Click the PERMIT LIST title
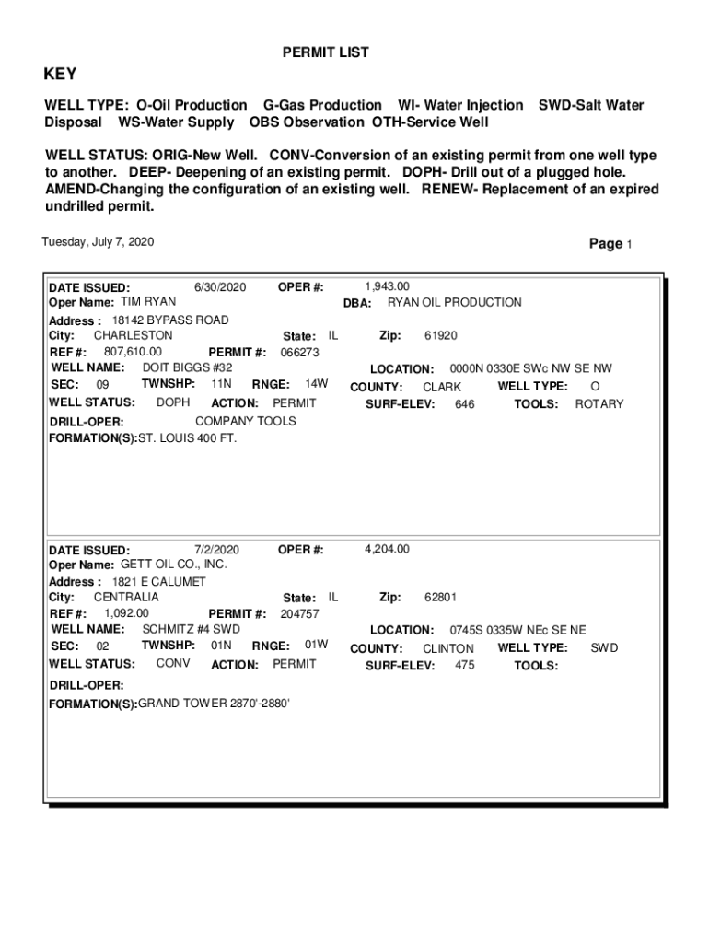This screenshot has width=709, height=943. pos(325,52)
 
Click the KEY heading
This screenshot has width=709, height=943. pos(61,75)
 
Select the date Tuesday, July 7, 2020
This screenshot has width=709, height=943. pos(98,242)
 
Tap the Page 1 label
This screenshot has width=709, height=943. pos(610,244)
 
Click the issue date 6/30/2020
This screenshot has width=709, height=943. pos(221,287)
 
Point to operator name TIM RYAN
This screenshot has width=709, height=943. pos(148,302)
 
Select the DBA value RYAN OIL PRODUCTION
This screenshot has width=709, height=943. pos(454,302)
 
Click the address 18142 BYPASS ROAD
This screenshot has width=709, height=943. pos(170,320)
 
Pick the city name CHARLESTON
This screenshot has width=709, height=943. pos(133,335)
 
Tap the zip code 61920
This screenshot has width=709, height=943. pos(440,336)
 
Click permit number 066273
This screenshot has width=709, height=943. pos(299,352)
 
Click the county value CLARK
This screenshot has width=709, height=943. pos(442,388)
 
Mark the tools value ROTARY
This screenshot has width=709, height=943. pos(599,404)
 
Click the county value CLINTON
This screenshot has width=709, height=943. pos(448,648)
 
